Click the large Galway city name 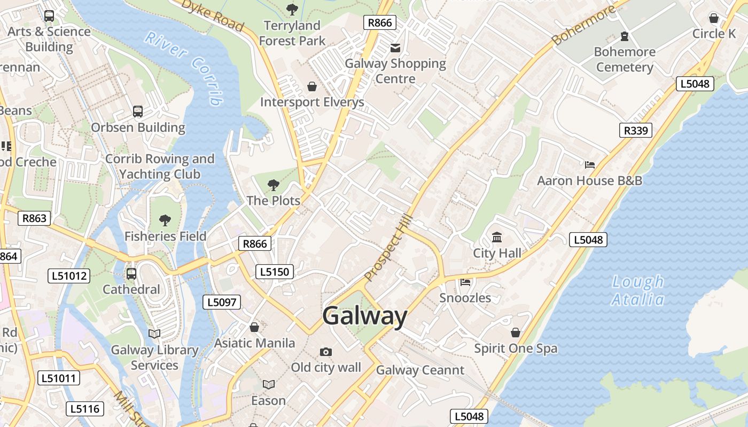point(365,316)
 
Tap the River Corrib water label point(184,67)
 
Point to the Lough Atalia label point(638,290)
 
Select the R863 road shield point(34,218)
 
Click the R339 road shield point(636,130)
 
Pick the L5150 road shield point(275,272)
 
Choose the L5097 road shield point(222,302)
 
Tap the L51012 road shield point(69,276)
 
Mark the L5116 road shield point(84,409)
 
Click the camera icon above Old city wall point(325,352)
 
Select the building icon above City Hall point(497,237)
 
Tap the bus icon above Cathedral point(131,274)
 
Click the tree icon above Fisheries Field point(165,220)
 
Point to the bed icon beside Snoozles point(465,282)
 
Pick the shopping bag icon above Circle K point(713,18)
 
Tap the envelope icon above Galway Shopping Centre point(395,48)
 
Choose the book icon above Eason point(268,384)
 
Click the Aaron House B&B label point(589,180)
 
